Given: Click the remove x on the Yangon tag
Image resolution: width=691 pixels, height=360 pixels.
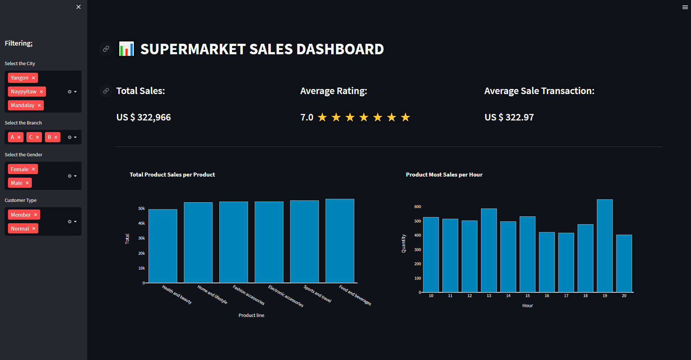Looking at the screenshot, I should pyautogui.click(x=33, y=78).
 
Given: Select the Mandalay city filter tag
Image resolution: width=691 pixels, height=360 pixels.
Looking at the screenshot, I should pyautogui.click(x=22, y=105).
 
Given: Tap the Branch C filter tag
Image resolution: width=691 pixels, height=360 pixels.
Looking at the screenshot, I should pyautogui.click(x=31, y=137).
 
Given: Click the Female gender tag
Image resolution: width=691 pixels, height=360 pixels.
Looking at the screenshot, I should pyautogui.click(x=20, y=169).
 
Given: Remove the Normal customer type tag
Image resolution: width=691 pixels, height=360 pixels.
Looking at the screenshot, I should pyautogui.click(x=34, y=229).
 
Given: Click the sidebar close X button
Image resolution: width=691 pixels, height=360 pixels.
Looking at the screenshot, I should pyautogui.click(x=79, y=7).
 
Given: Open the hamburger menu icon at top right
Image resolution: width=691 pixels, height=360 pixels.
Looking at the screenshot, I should pyautogui.click(x=685, y=7).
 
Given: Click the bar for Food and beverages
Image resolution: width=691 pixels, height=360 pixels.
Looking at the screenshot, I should pyautogui.click(x=340, y=241).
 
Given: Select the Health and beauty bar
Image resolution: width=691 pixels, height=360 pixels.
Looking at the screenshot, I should pyautogui.click(x=163, y=246).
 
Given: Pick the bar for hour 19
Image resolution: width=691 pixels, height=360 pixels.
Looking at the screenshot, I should pyautogui.click(x=604, y=246).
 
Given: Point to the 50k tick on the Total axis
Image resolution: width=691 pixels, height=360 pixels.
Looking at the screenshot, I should pyautogui.click(x=141, y=208).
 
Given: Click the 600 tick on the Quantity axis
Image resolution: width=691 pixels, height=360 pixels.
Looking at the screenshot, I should pyautogui.click(x=417, y=207).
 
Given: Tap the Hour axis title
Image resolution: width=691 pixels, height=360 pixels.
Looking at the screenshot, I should pyautogui.click(x=527, y=306).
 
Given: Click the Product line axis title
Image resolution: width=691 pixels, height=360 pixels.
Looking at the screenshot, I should pyautogui.click(x=251, y=315).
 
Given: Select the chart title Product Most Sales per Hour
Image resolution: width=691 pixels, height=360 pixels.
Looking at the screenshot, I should pyautogui.click(x=444, y=175).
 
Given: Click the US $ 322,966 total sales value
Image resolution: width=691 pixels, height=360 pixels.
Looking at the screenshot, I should pyautogui.click(x=143, y=117).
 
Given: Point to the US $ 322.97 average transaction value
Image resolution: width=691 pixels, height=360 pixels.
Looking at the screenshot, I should pyautogui.click(x=509, y=117).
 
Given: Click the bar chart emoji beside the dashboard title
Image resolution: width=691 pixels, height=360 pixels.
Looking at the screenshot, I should pyautogui.click(x=126, y=49).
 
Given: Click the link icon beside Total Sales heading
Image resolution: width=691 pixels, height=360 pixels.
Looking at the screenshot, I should pyautogui.click(x=106, y=91).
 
